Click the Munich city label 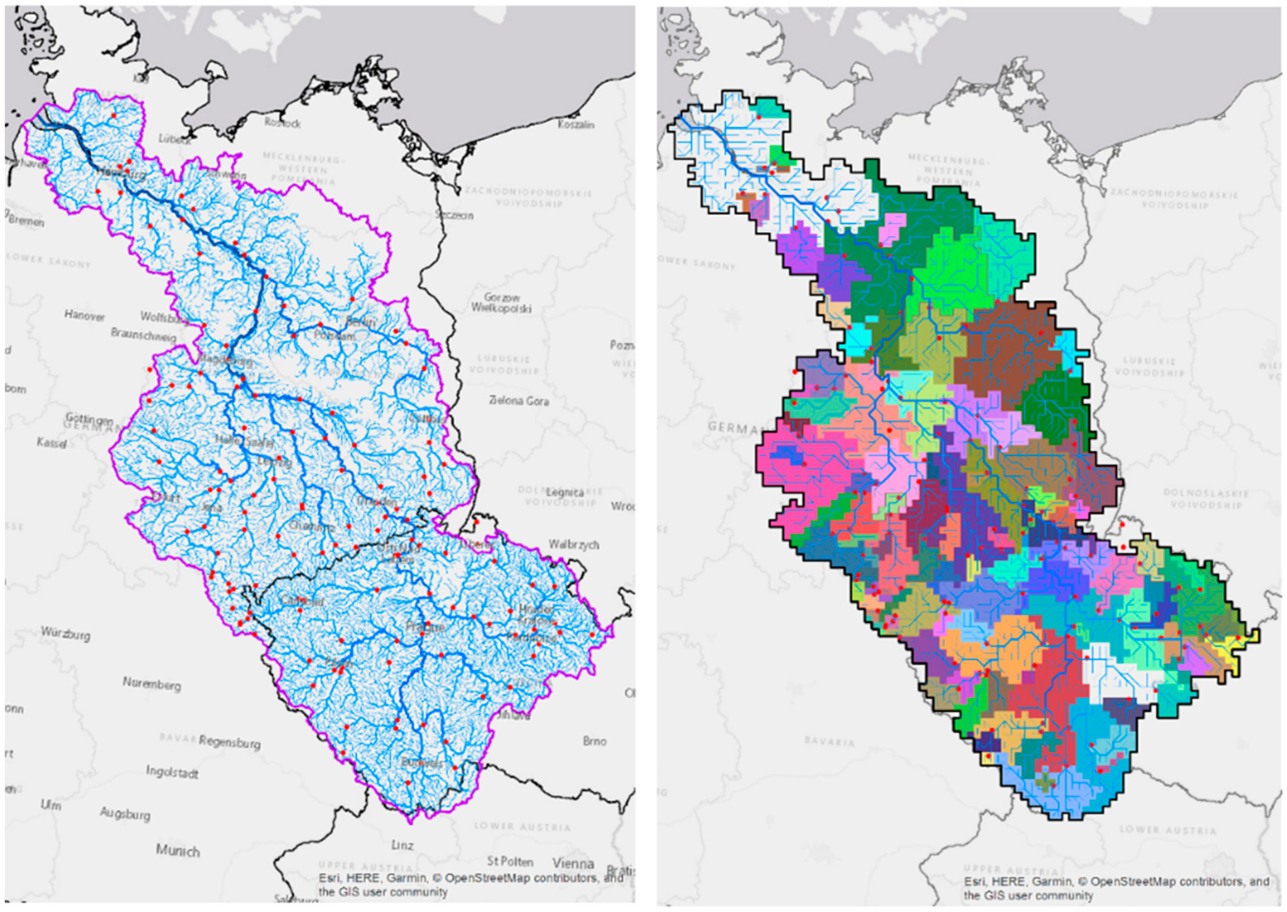(x=177, y=851)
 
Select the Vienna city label (x=572, y=863)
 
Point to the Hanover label (x=84, y=315)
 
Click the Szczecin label (x=454, y=215)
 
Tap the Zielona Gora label (x=518, y=401)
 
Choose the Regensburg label (x=229, y=743)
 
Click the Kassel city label (x=52, y=443)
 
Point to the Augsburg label (x=125, y=814)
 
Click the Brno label (x=594, y=741)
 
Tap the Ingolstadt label (x=172, y=773)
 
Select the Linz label (x=402, y=845)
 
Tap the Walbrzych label (x=574, y=544)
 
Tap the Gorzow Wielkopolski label (x=501, y=303)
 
